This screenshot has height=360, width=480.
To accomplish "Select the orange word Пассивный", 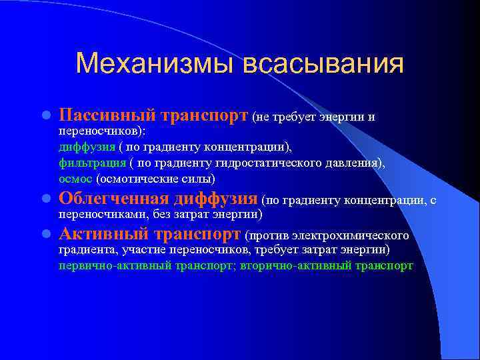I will pos(107,116).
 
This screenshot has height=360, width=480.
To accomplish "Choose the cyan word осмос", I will pos(75,179).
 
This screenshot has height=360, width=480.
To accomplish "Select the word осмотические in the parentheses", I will pos(137,179).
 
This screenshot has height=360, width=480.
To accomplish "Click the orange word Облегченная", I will pos(114,199).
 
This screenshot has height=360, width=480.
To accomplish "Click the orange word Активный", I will pos(103,235).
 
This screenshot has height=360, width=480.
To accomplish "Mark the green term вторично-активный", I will pos(274,265).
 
